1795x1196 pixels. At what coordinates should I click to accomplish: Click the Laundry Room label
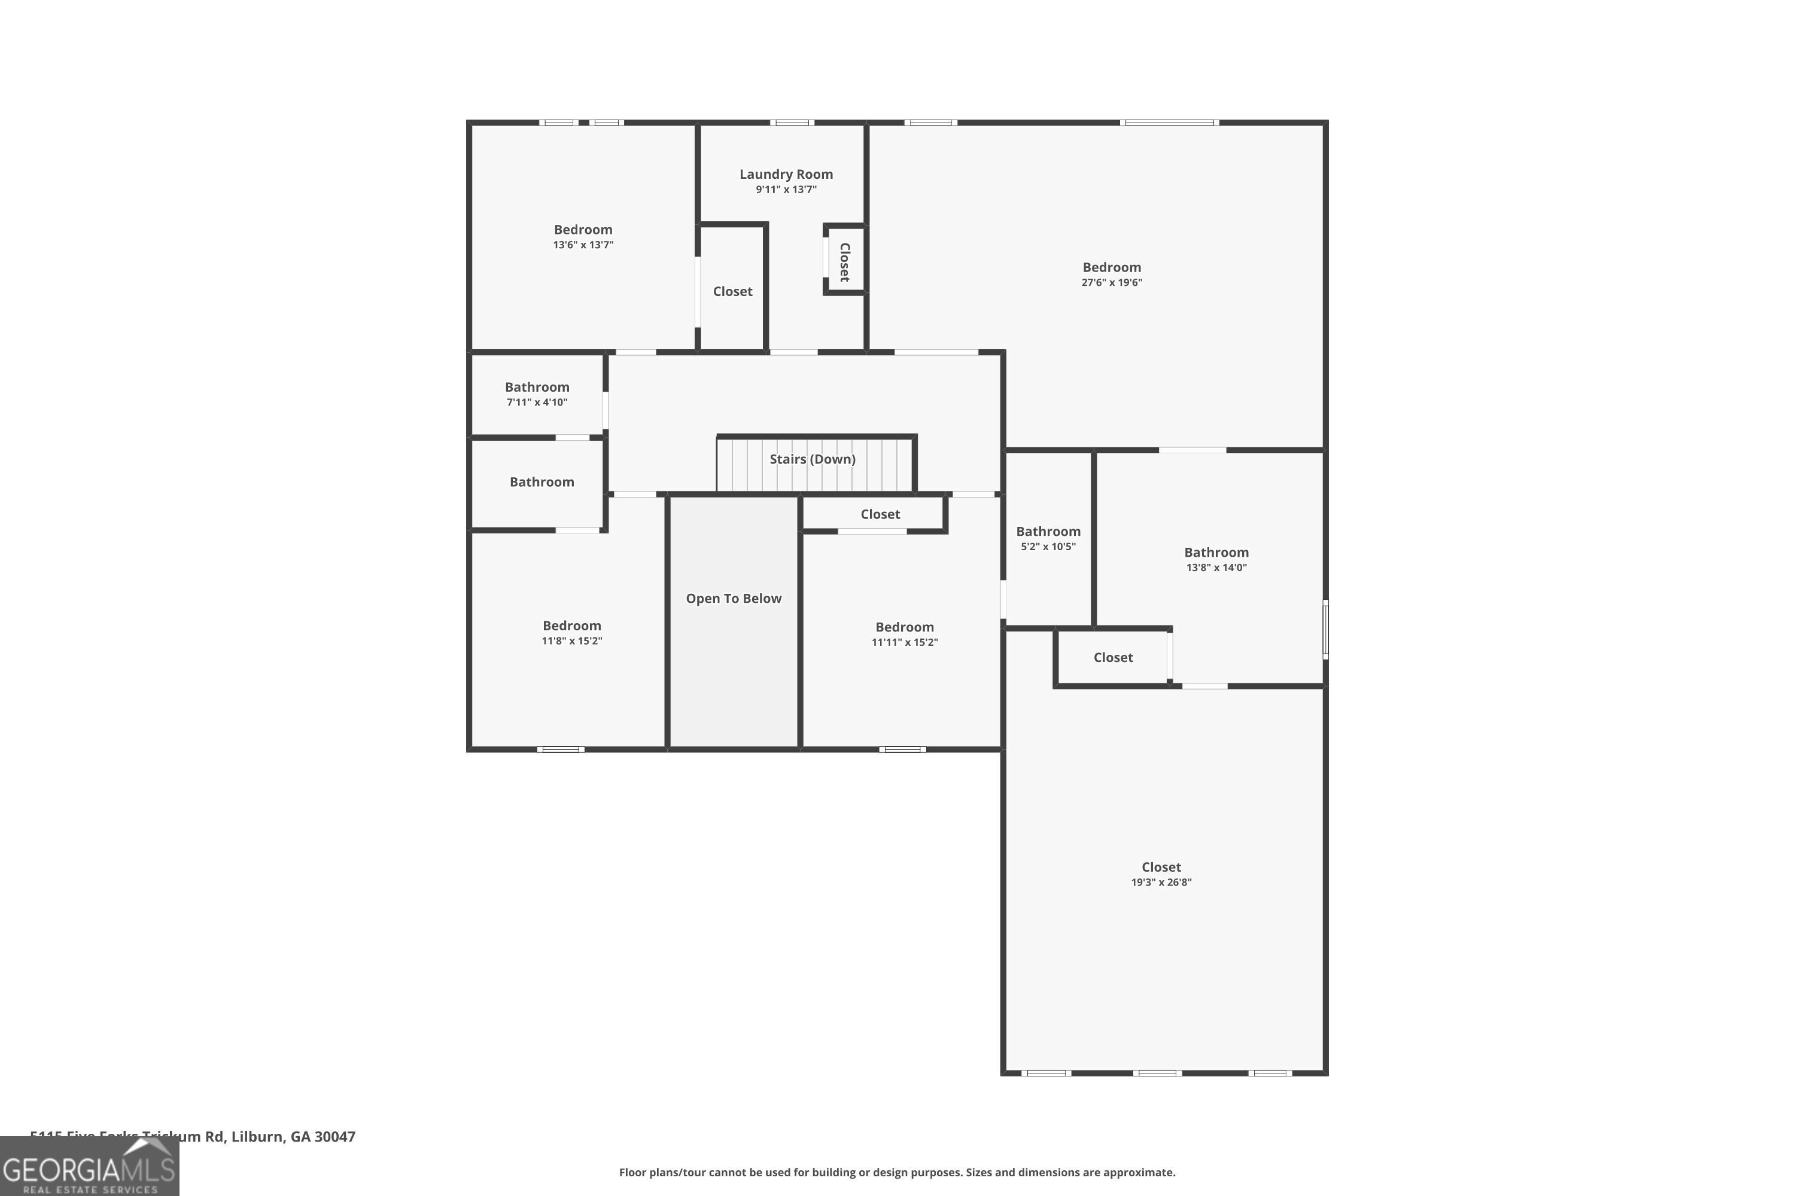(x=786, y=175)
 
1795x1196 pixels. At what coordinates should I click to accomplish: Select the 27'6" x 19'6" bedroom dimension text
(x=1111, y=282)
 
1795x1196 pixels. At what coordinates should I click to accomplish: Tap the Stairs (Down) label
(x=812, y=459)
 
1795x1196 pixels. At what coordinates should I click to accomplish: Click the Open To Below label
(x=734, y=599)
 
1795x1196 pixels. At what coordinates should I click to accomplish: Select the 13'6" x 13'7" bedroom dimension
(x=583, y=245)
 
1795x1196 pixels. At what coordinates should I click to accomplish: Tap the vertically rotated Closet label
(x=845, y=262)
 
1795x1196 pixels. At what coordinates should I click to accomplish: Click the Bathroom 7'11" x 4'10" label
(x=537, y=388)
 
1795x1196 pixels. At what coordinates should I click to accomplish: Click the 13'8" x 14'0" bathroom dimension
(x=1216, y=568)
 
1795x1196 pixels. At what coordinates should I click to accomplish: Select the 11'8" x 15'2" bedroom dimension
(x=571, y=640)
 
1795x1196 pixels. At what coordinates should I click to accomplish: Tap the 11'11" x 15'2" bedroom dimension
(x=904, y=642)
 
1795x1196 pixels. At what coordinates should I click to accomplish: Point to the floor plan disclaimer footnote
(x=897, y=1172)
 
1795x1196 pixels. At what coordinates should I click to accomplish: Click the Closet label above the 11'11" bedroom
(x=880, y=515)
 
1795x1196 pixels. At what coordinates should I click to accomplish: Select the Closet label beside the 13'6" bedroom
(x=732, y=291)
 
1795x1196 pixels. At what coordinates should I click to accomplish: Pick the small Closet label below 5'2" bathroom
(x=1113, y=657)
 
